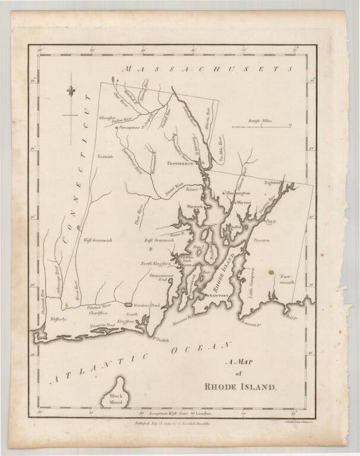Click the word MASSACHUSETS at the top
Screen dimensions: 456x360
tap(208, 69)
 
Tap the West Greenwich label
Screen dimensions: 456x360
tap(98, 240)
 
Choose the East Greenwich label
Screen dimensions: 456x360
tap(160, 240)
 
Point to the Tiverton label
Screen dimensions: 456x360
tap(262, 240)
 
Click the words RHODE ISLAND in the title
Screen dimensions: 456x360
tap(240, 387)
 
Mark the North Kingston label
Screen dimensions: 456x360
tap(155, 263)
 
